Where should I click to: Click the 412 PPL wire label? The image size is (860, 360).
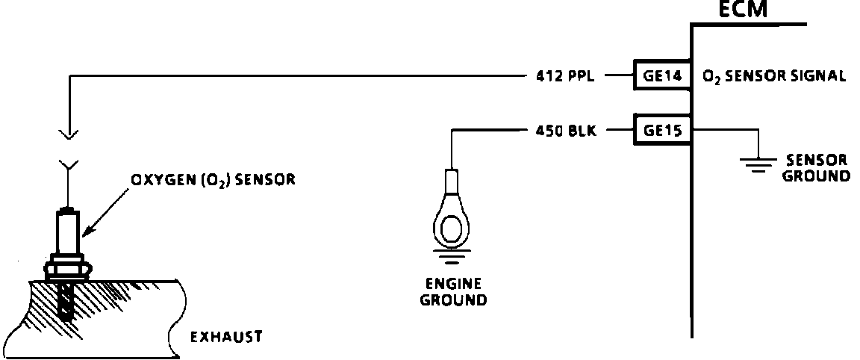pos(565,75)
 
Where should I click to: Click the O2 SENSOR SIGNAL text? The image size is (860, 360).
pos(774,75)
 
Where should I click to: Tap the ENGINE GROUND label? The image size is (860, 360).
pos(453,293)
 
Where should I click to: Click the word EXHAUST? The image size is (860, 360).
pos(226,337)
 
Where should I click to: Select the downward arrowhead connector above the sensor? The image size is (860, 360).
pos(69,134)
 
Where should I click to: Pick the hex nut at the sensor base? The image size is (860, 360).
pos(68,267)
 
